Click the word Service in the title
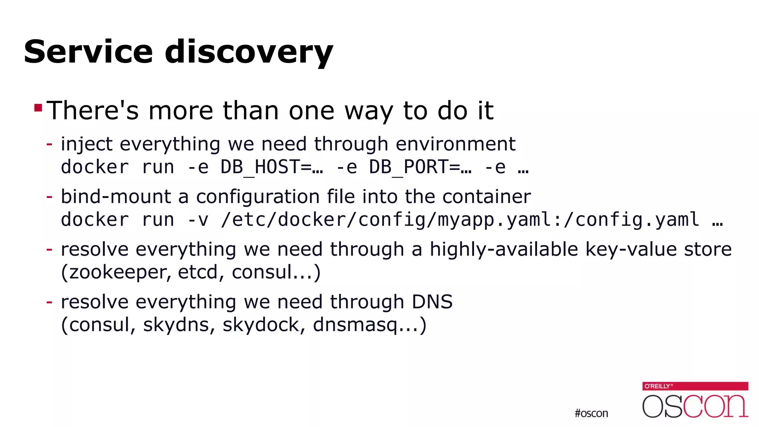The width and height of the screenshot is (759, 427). click(x=88, y=52)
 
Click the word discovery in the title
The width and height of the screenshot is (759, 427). click(x=249, y=52)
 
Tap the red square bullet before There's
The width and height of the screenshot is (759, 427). click(x=38, y=108)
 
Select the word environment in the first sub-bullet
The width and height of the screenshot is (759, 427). click(x=455, y=144)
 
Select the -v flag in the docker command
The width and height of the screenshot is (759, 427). click(x=198, y=220)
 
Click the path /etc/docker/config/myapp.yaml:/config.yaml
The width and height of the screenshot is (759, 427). click(x=460, y=220)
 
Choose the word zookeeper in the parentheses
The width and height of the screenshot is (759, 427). click(x=118, y=272)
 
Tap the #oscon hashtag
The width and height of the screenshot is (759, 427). click(x=591, y=413)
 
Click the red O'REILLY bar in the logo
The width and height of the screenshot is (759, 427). click(x=695, y=386)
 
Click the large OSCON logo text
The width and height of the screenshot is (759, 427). click(x=695, y=406)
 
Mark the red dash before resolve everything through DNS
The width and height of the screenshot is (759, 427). click(x=49, y=302)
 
